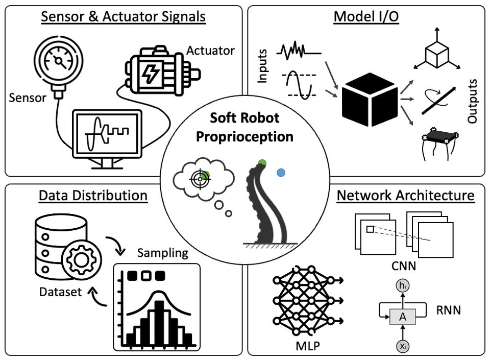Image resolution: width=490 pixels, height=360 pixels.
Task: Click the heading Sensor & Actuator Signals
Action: (123, 17)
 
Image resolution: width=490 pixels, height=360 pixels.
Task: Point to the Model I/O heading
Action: (366, 17)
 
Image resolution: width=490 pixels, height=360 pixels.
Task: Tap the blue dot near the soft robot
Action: (280, 173)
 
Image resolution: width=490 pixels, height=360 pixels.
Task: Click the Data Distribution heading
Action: (93, 196)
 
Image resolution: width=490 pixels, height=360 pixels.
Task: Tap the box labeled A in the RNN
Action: (402, 317)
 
